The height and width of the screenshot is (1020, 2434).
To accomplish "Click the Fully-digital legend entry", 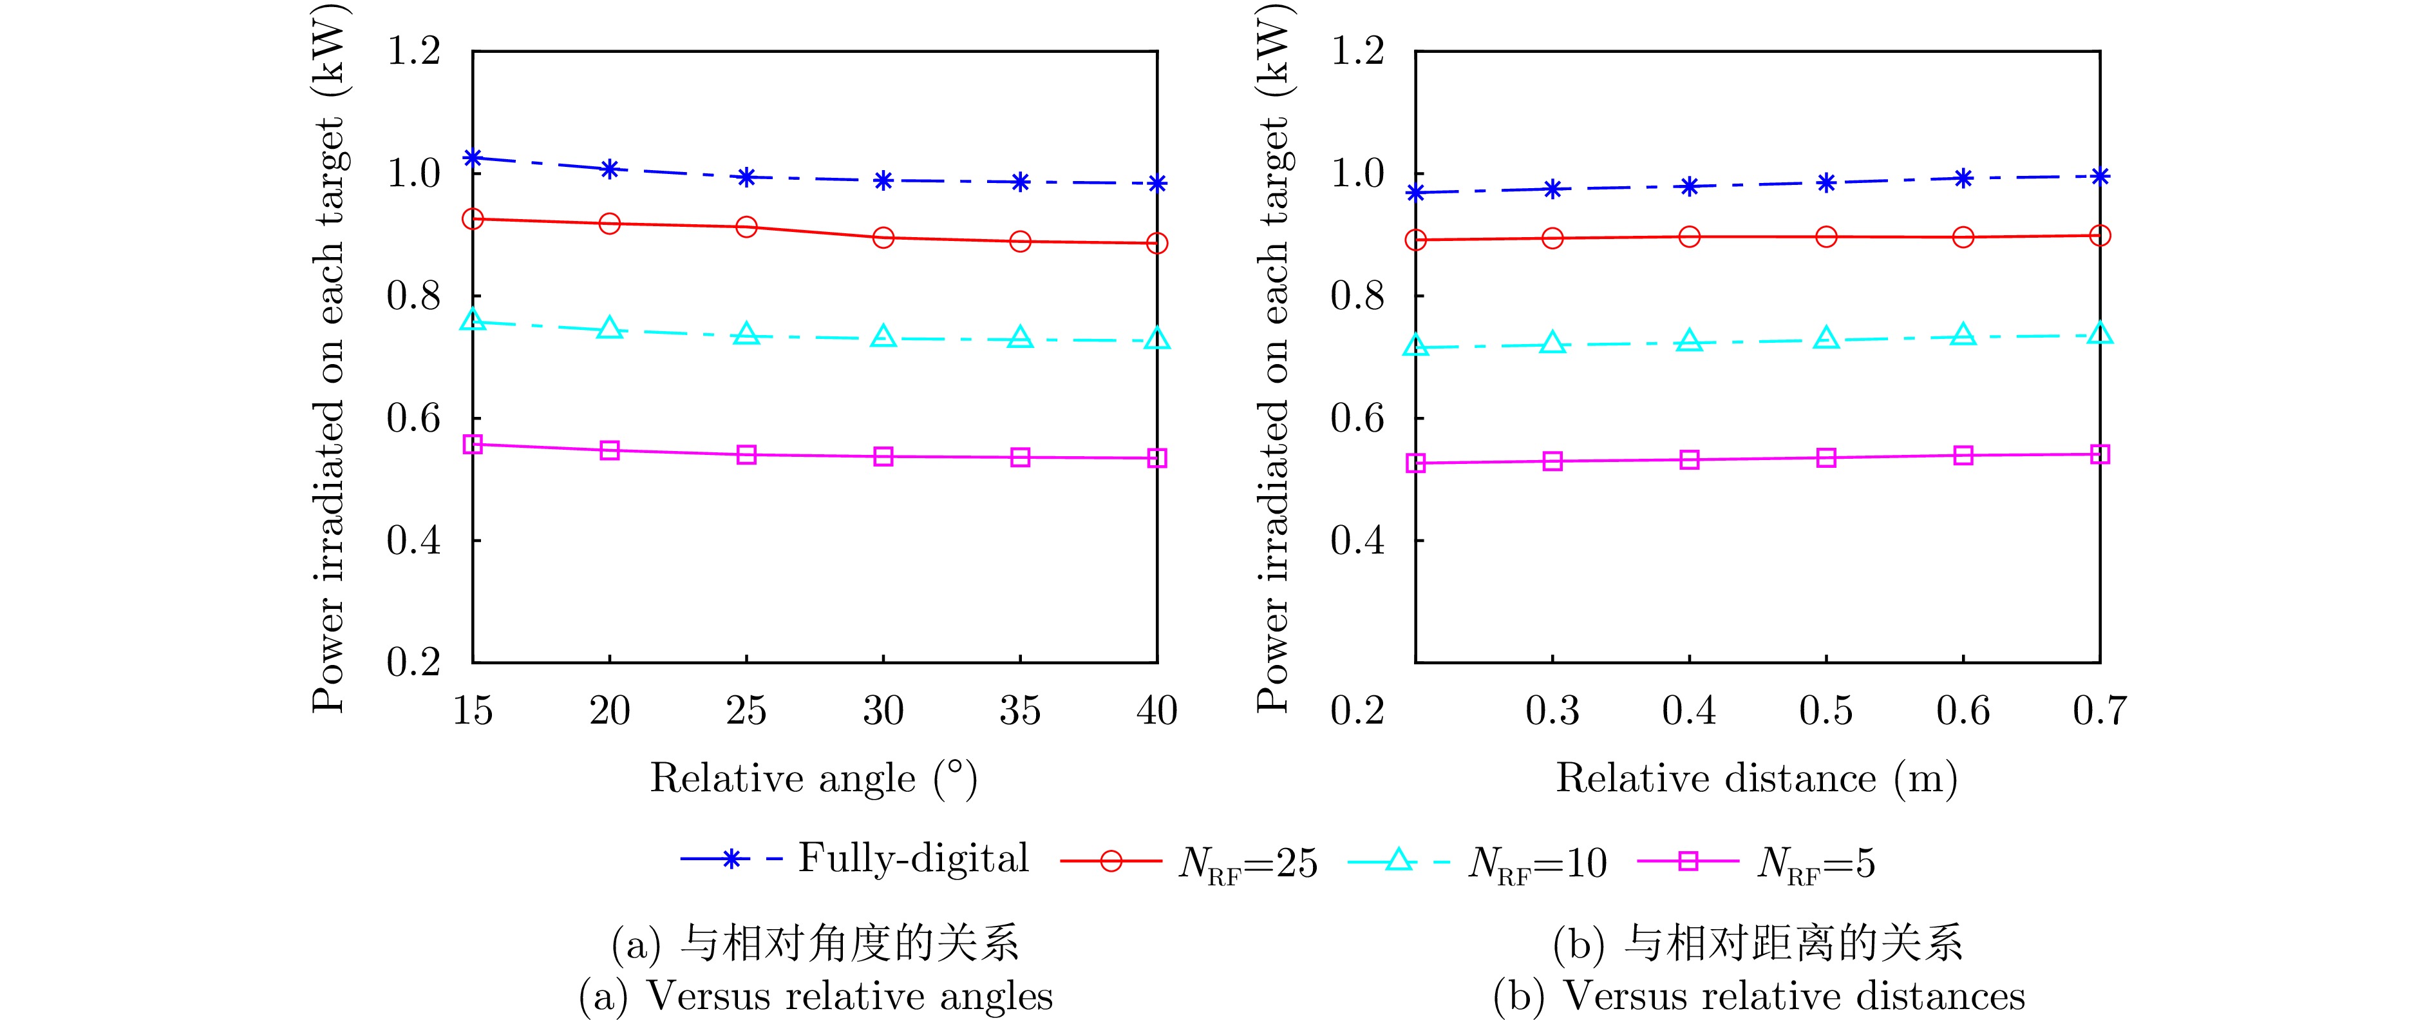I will coord(912,858).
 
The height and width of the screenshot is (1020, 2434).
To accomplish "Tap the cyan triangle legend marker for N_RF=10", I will coord(1399,860).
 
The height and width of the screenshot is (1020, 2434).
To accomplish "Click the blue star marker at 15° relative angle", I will coord(473,158).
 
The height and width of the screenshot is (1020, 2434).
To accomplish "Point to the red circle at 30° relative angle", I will coord(883,237).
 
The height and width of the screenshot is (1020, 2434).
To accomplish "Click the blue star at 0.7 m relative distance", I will coord(2100,176).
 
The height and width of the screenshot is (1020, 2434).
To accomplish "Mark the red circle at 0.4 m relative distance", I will coord(1690,236).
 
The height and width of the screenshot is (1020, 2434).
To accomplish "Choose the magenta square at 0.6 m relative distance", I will coord(1963,456).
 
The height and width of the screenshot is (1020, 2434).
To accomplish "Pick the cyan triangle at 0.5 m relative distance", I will coord(1826,338).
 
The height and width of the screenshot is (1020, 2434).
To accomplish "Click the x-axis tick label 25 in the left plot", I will coord(746,711).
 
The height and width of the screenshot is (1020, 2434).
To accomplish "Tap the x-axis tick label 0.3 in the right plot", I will coord(1552,711).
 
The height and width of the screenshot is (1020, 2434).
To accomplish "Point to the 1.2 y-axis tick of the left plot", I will coord(414,51).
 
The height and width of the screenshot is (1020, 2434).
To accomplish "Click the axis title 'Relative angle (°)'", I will coord(813,779).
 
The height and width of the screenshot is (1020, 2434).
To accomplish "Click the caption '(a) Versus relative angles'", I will coord(815,996).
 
